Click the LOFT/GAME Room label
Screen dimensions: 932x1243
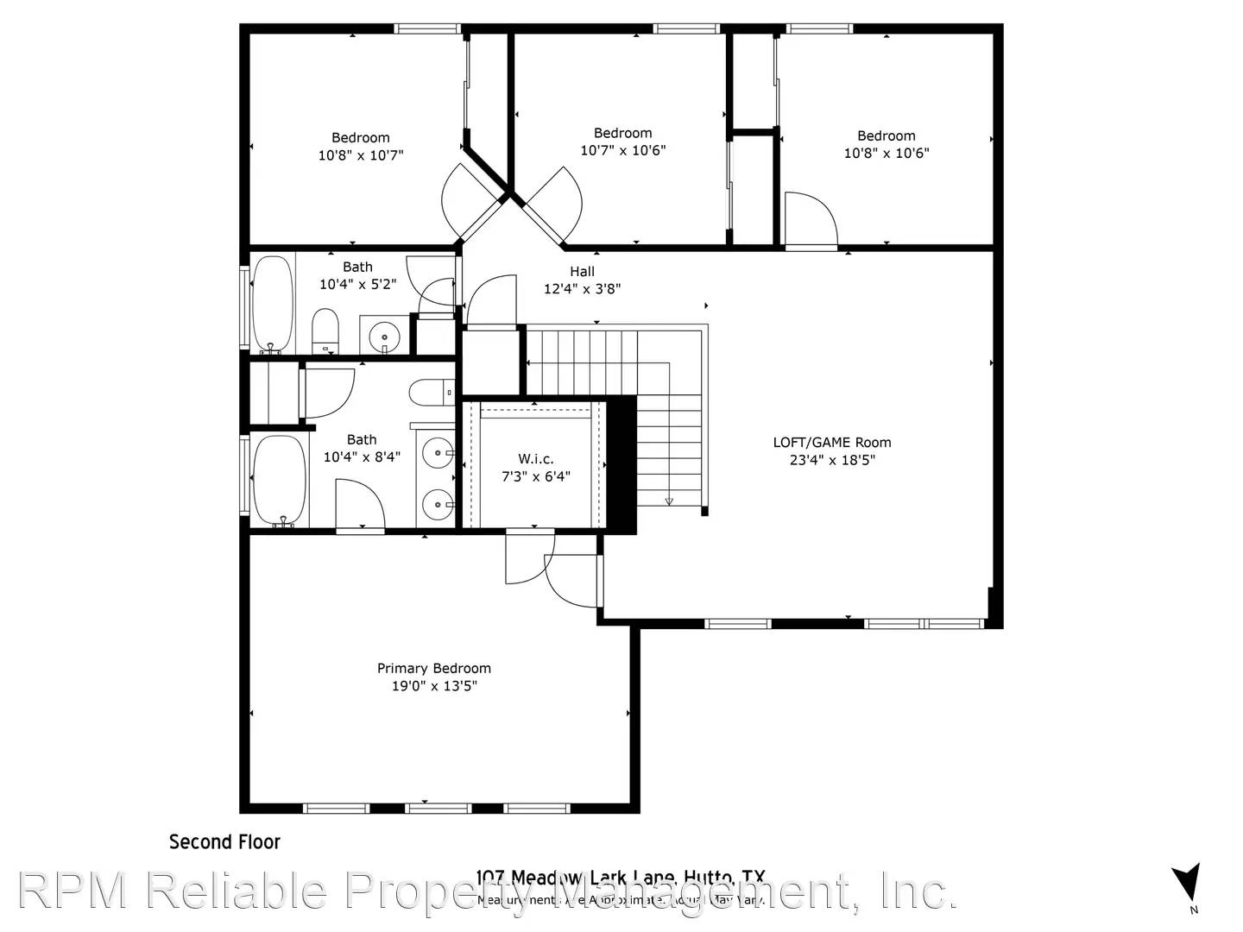[831, 442]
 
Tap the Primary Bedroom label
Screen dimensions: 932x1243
[433, 668]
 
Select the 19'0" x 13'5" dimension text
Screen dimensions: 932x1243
[433, 686]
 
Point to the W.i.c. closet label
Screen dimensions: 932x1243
[535, 458]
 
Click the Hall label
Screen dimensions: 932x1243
[582, 271]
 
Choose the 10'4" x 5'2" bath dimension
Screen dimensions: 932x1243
[357, 284]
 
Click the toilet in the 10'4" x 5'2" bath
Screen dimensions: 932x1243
[325, 331]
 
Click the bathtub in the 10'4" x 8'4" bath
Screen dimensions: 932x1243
[279, 480]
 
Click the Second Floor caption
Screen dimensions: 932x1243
[224, 841]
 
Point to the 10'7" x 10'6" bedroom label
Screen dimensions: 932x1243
[622, 133]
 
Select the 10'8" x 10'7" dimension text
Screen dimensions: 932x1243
[361, 155]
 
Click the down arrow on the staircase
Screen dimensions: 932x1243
[668, 500]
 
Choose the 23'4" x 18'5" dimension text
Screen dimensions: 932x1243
[831, 460]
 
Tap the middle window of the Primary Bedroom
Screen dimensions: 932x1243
[438, 808]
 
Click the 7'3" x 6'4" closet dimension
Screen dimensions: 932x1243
[535, 476]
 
